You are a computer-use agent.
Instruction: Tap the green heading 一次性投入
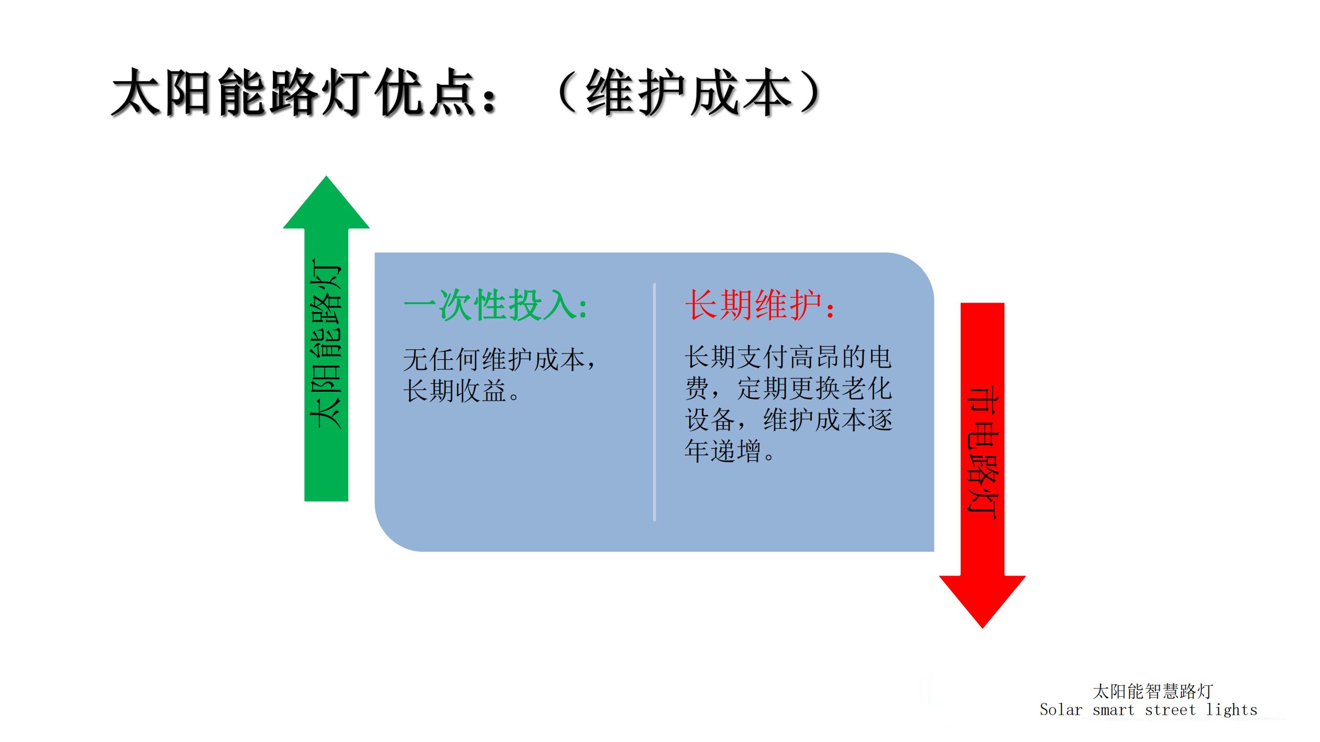(496, 306)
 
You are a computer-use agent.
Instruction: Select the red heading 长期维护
(760, 306)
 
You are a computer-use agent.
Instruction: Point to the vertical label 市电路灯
(982, 453)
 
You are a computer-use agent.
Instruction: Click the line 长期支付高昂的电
(788, 358)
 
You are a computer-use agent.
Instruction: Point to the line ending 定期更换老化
(788, 389)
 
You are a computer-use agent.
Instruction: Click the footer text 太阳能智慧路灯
(1152, 691)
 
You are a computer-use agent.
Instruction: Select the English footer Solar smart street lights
(1148, 710)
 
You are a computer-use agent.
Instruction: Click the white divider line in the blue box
(654, 402)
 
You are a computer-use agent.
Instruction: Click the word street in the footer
(1170, 710)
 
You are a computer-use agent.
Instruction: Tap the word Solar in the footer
(1061, 710)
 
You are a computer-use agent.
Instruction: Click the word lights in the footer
(1231, 710)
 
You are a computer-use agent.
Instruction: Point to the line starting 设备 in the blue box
(788, 419)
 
